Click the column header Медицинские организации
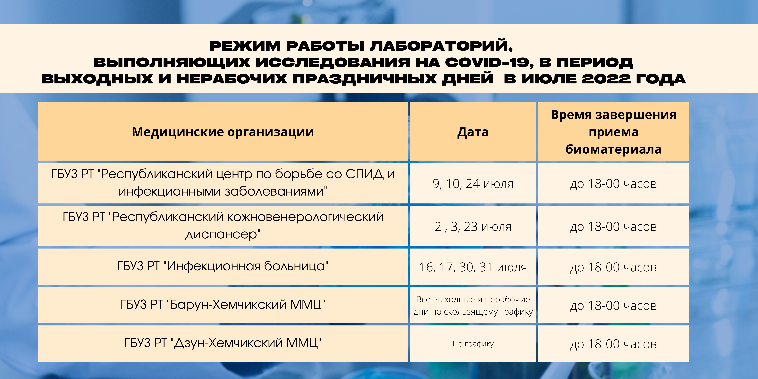coord(223,132)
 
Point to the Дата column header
coord(473,132)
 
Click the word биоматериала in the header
coord(614,149)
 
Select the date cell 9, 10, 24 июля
coord(473,184)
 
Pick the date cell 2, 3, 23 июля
coord(473,227)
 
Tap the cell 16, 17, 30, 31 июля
coord(473,267)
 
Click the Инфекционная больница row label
coord(223,266)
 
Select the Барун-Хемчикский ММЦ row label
coord(223,305)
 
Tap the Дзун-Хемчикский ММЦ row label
coord(223,343)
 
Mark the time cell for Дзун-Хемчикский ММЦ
coord(614,344)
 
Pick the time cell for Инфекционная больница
coord(614,267)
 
